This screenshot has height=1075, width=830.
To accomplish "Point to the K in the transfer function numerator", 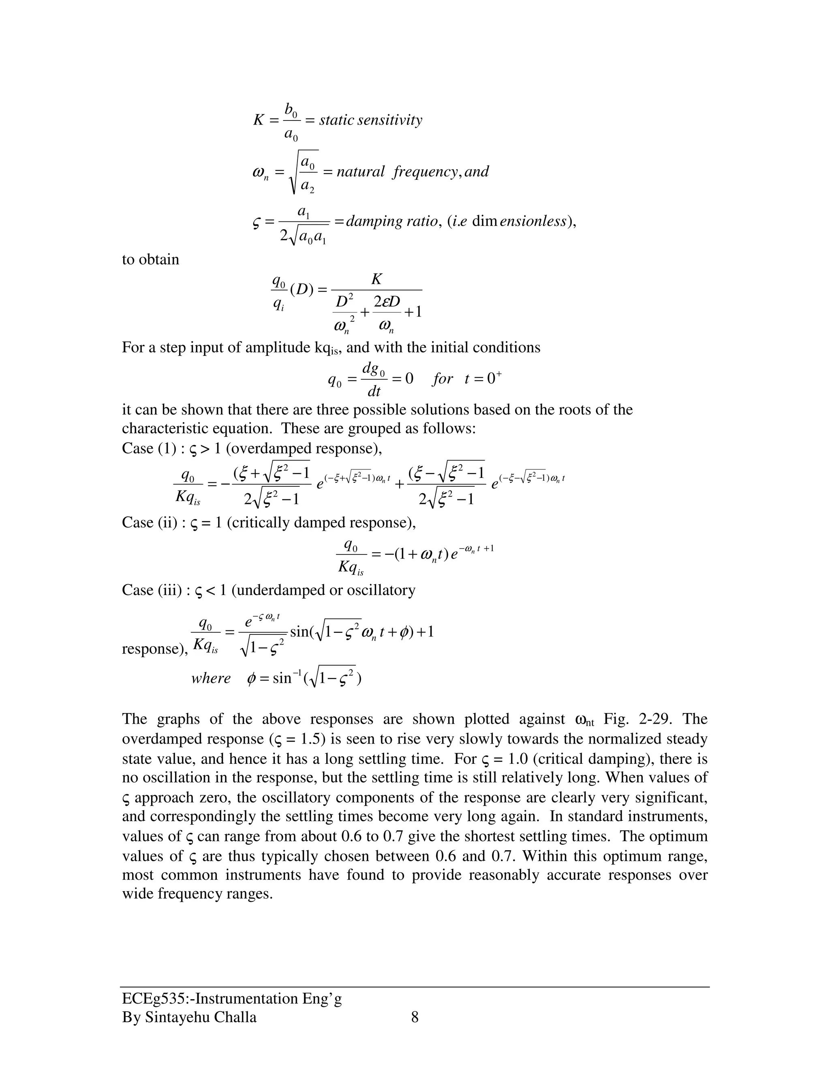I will coord(376,279).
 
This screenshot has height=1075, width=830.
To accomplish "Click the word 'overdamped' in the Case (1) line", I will coord(270,448).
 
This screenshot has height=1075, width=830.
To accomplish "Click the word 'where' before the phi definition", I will coord(211,678).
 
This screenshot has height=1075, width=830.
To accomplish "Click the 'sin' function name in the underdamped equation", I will coord(299,632).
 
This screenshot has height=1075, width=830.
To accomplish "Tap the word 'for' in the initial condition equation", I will coord(442,378).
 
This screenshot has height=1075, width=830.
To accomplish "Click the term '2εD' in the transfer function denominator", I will coord(387,301).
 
